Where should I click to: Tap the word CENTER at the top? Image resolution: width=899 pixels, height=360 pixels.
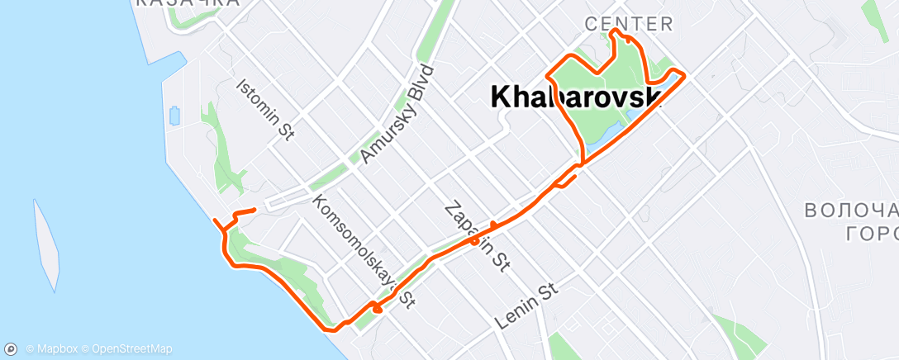tap(629, 24)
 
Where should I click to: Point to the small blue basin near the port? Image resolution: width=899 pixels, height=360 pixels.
tap(174, 116)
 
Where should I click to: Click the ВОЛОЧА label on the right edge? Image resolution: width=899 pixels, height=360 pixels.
tap(851, 211)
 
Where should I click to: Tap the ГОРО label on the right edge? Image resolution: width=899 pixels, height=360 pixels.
tap(872, 234)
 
